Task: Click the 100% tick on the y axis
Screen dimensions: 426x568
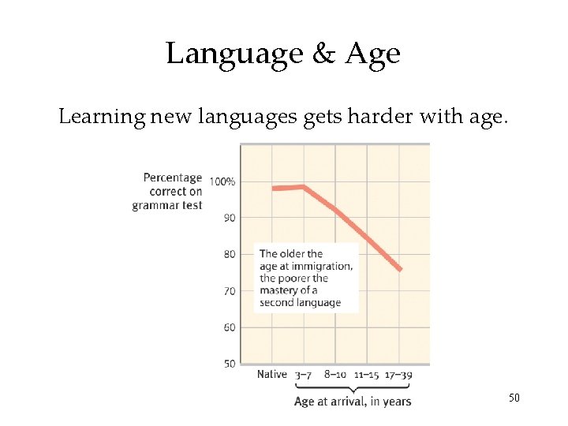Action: [222, 181]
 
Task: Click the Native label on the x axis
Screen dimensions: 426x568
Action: [272, 375]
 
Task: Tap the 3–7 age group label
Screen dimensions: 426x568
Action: [304, 375]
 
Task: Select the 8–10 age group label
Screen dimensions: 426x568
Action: [335, 375]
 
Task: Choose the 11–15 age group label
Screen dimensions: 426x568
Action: [367, 375]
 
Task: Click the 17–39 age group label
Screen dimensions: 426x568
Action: [398, 375]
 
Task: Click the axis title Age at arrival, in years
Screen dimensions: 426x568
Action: [353, 402]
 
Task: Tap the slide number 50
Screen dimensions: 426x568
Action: [514, 398]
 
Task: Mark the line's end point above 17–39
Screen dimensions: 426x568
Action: [400, 270]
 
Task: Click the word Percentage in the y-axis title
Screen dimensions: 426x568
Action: [172, 177]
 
